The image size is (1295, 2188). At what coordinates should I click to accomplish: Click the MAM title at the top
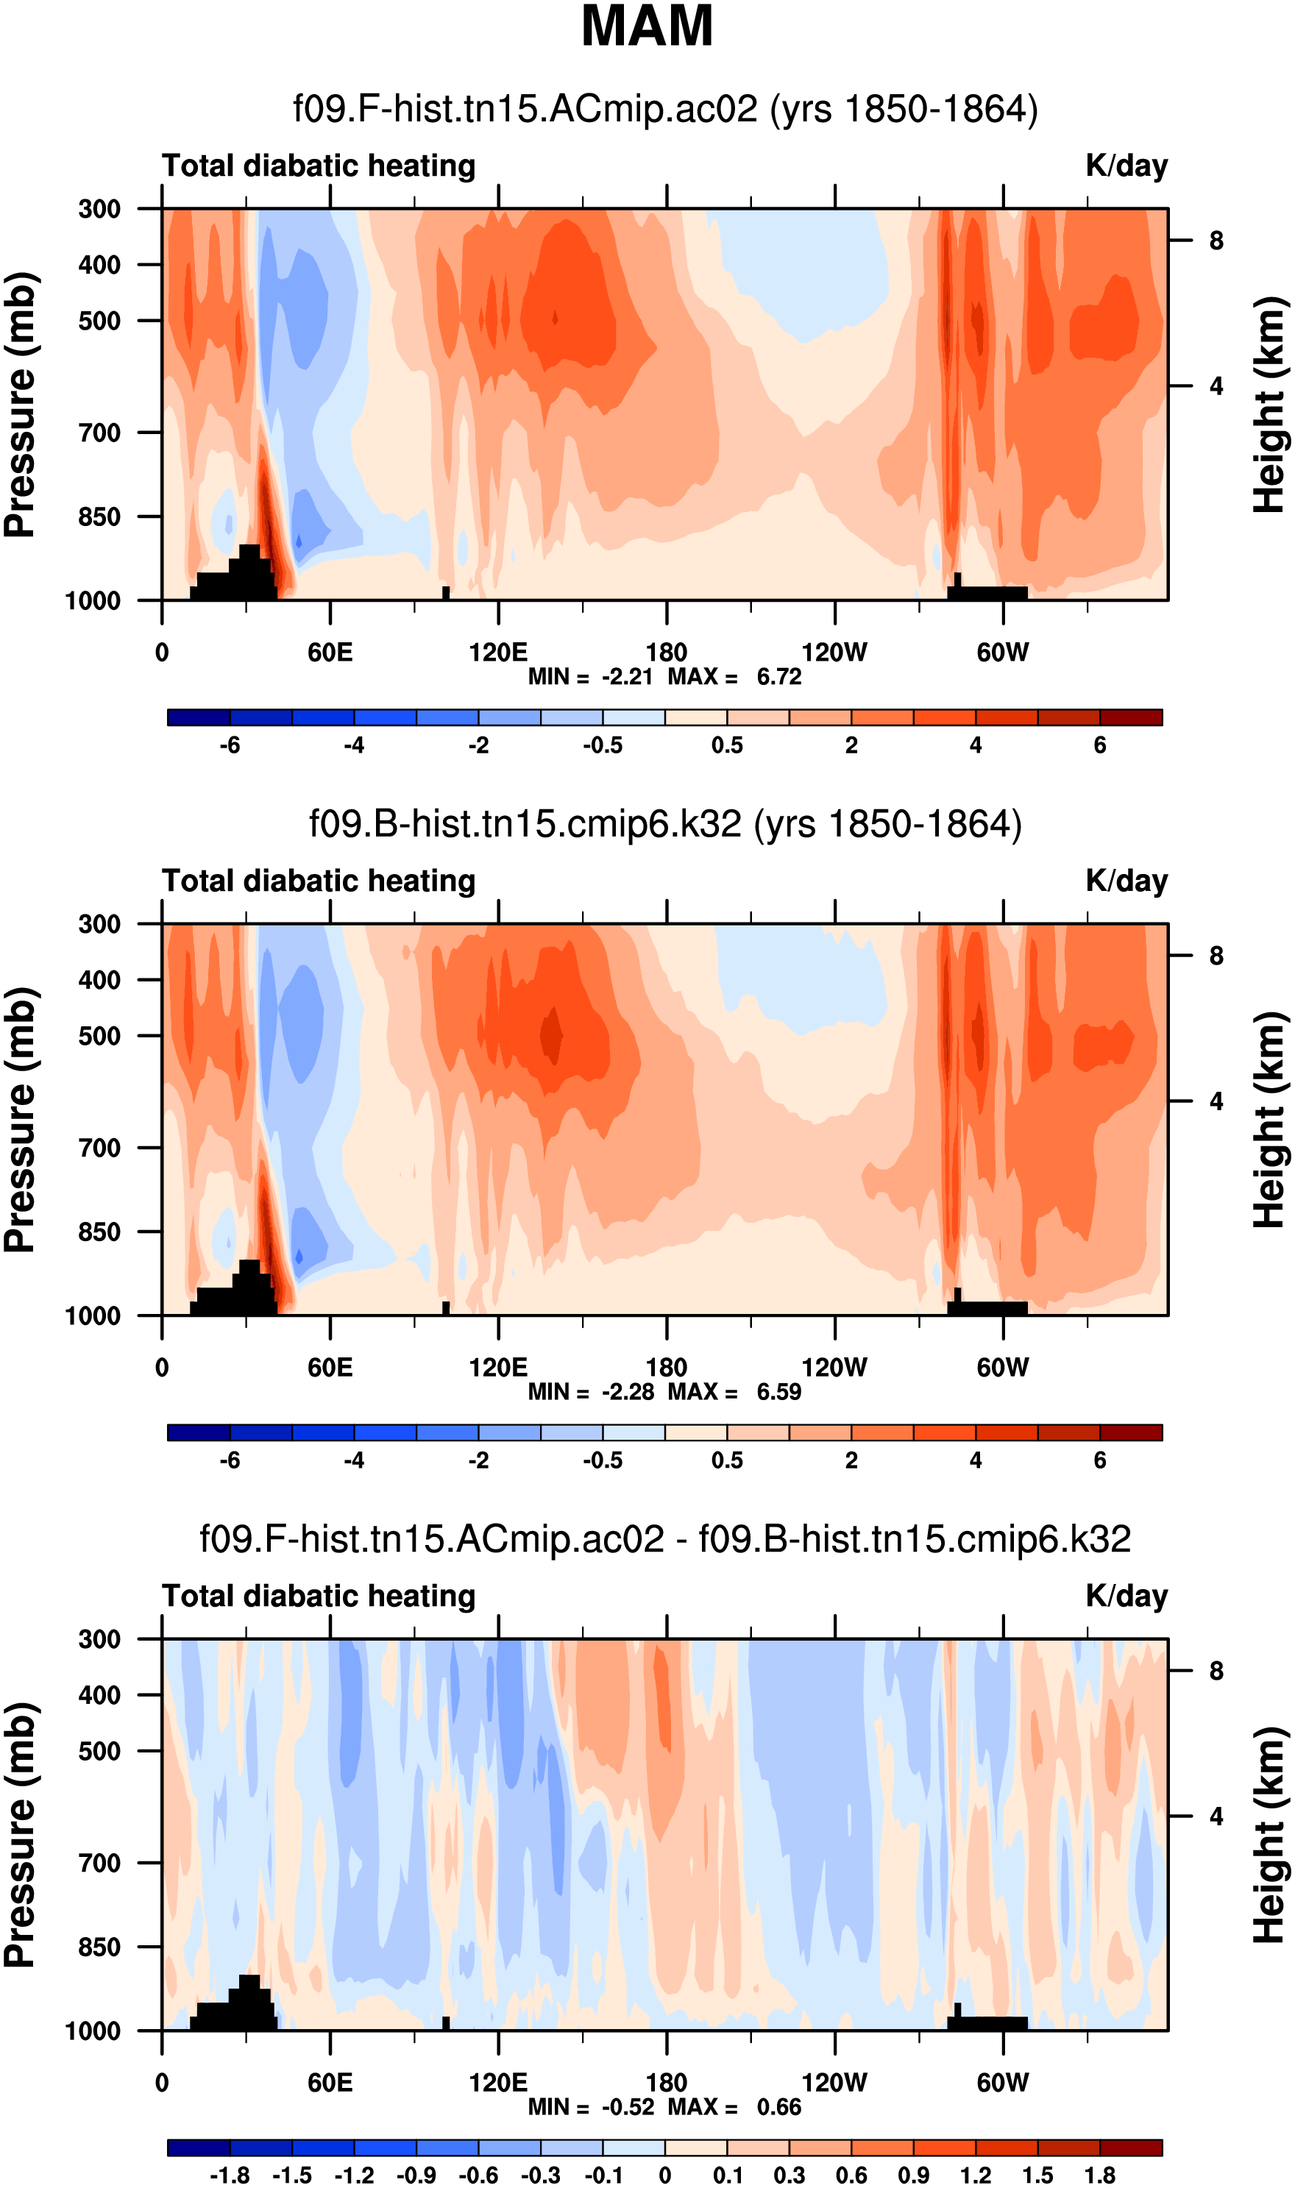(x=647, y=26)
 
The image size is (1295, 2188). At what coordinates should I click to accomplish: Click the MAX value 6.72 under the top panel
(x=778, y=677)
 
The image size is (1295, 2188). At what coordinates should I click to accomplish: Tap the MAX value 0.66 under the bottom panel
(x=778, y=2107)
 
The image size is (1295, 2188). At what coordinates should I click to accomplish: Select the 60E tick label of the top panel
(x=330, y=653)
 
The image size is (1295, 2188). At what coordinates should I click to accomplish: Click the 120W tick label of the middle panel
(x=834, y=1367)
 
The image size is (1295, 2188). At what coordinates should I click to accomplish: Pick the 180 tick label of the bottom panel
(x=666, y=2083)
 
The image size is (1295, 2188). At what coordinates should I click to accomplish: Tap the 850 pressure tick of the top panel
(x=99, y=516)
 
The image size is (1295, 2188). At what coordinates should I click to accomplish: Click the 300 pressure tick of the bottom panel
(x=99, y=1639)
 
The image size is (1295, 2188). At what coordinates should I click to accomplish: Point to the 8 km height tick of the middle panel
(x=1216, y=956)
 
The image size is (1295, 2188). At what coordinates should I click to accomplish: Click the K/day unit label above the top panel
(x=1126, y=166)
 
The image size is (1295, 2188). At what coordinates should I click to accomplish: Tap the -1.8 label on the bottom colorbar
(x=230, y=2175)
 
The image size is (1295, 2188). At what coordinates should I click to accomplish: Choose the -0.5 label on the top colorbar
(x=603, y=745)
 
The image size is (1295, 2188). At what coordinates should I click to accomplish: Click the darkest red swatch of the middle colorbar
(x=1131, y=1432)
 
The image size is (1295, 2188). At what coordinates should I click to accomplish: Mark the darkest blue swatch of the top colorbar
(x=199, y=718)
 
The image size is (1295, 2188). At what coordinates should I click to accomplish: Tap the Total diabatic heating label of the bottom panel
(x=319, y=1596)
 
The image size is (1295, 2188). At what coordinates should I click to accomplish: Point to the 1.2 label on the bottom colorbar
(x=976, y=2175)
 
